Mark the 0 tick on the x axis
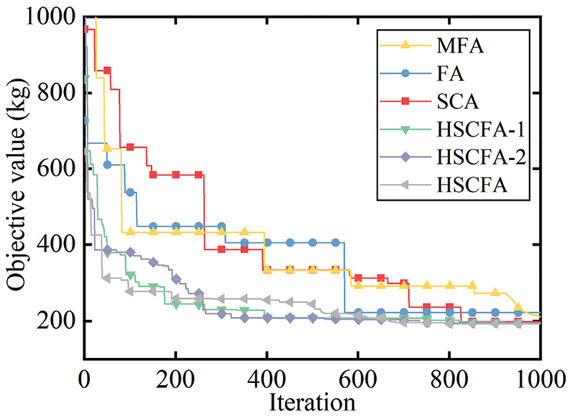tap(85, 379)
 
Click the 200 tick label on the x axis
tap(175, 379)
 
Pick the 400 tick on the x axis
tap(267, 379)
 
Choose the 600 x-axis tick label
tap(358, 379)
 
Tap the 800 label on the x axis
tap(449, 379)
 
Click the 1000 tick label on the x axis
tap(538, 379)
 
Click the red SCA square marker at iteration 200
tap(176, 175)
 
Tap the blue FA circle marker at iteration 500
tap(313, 243)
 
